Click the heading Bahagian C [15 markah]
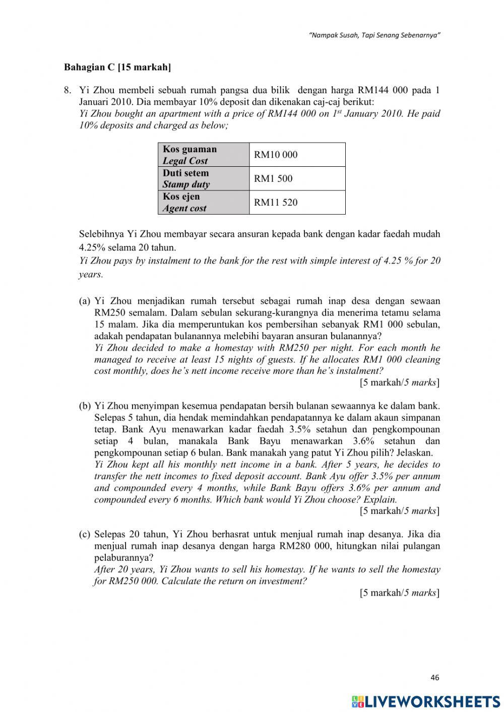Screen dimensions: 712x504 117,67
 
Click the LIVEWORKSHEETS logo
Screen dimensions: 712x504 426,701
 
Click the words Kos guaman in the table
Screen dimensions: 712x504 190,149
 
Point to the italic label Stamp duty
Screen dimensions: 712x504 186,184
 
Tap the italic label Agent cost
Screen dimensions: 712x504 184,208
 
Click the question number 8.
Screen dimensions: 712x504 67,90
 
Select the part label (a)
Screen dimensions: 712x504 85,301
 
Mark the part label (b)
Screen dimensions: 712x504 85,406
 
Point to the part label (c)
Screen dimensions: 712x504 85,534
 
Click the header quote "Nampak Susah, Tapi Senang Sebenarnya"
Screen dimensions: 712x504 374,36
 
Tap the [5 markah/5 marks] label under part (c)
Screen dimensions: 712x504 400,593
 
